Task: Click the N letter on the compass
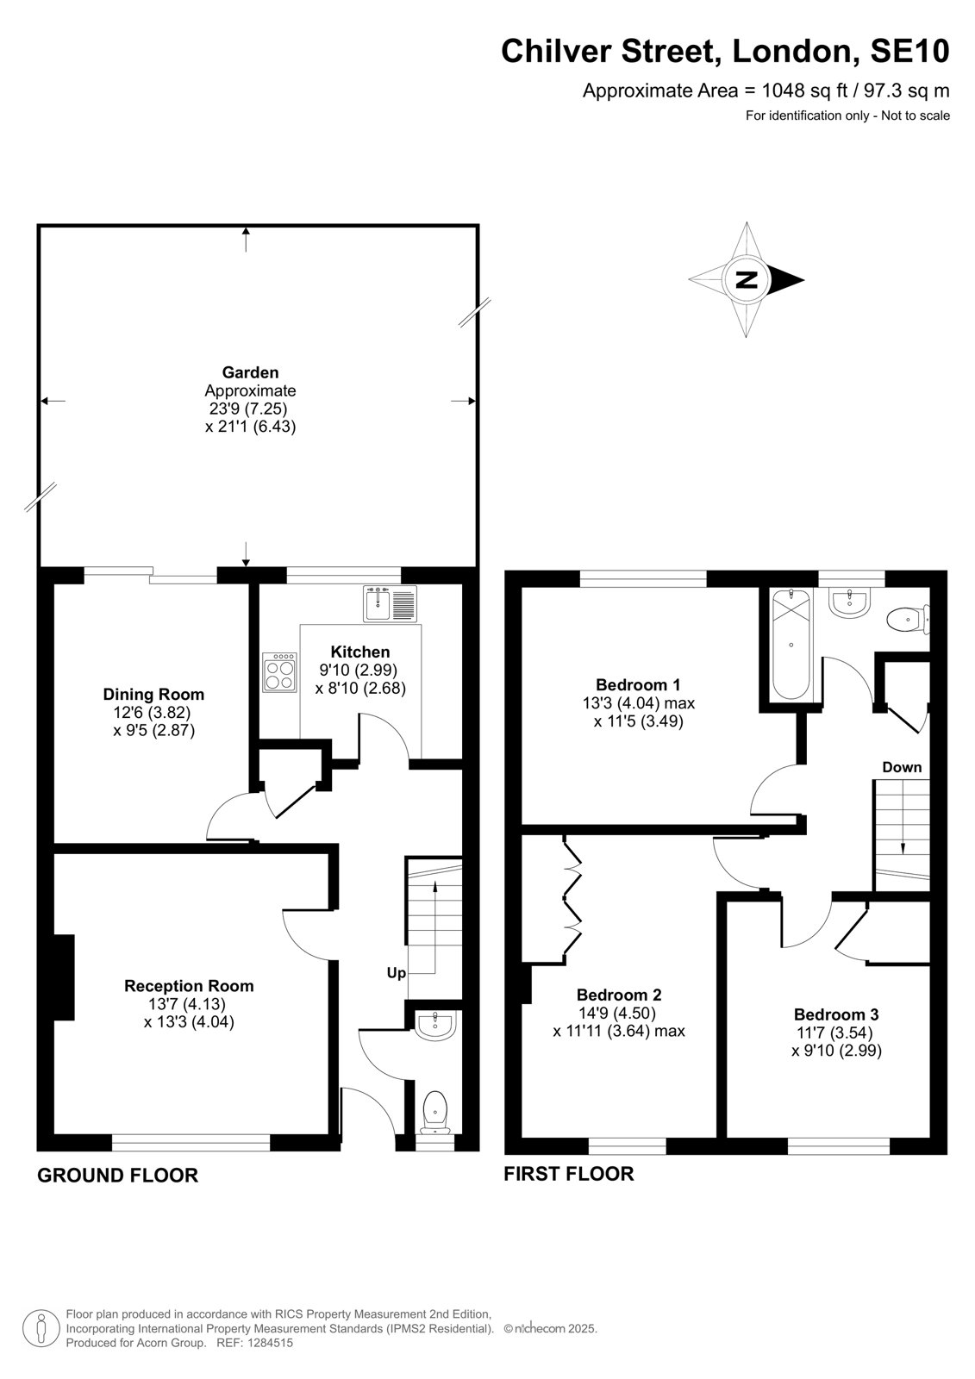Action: click(x=747, y=279)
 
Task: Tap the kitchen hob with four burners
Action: click(x=279, y=672)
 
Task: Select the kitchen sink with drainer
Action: click(x=391, y=604)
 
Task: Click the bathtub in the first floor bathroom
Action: click(x=791, y=644)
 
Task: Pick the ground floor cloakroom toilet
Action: click(x=435, y=1113)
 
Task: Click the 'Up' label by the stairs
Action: click(x=396, y=973)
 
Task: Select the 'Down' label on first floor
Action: click(x=902, y=767)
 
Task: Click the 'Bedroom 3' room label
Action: click(x=836, y=1014)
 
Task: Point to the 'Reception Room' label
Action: click(x=189, y=986)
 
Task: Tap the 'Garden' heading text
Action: click(x=250, y=372)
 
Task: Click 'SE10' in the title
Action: click(x=909, y=51)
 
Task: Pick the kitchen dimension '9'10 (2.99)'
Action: click(x=358, y=670)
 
